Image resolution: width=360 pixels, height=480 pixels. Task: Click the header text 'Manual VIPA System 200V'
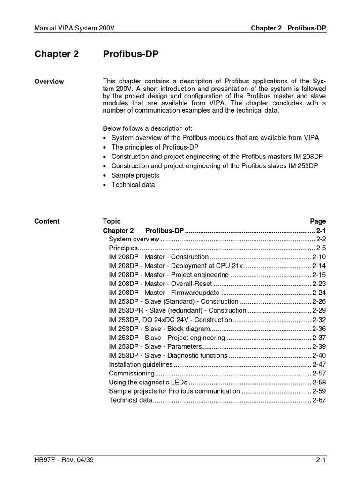(x=75, y=28)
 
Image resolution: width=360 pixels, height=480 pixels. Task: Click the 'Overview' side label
(x=49, y=82)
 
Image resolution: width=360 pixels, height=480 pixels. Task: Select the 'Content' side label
(x=47, y=221)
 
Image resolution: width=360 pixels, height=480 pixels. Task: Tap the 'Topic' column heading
(x=112, y=221)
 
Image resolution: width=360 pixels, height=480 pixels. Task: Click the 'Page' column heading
(x=318, y=221)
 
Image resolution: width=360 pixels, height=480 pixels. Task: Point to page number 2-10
(x=319, y=257)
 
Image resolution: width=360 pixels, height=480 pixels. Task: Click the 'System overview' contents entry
(x=134, y=239)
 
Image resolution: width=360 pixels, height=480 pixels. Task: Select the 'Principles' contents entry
(x=123, y=248)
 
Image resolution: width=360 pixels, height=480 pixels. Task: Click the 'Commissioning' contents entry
(x=131, y=373)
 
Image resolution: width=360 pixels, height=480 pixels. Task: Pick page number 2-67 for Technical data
(x=319, y=400)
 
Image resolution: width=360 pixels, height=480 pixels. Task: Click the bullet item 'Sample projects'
(x=135, y=175)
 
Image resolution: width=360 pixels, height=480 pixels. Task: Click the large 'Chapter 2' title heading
(x=57, y=54)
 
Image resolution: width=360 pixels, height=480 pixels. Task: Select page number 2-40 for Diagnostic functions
(x=319, y=355)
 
